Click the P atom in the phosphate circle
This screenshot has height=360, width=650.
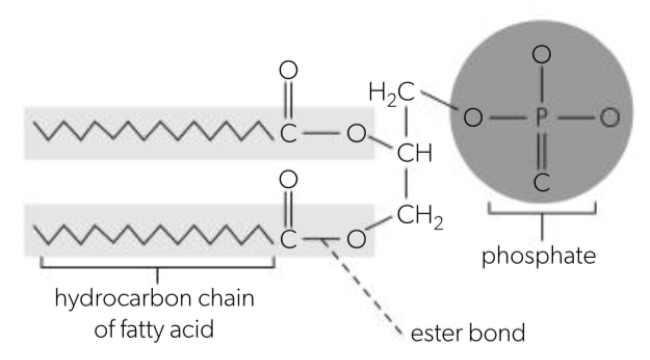tap(541, 119)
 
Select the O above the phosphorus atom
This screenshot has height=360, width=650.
tap(541, 54)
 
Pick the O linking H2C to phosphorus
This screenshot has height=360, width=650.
tap(472, 119)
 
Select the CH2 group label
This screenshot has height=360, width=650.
tap(420, 215)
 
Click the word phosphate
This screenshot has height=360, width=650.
tap(538, 256)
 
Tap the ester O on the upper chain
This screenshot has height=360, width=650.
tap(356, 135)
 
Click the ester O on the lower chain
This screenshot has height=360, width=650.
tap(356, 240)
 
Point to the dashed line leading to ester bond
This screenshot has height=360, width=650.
tap(364, 286)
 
